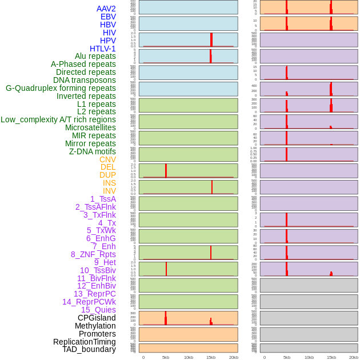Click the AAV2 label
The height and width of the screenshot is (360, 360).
(106, 9)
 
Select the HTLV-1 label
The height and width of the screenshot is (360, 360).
(102, 49)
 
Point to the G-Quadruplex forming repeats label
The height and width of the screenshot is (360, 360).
(61, 88)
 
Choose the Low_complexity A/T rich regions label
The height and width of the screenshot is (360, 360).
(58, 119)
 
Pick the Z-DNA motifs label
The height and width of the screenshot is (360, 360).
(93, 151)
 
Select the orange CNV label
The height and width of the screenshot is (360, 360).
(107, 159)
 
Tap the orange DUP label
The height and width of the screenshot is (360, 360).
(107, 175)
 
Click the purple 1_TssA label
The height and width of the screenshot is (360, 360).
(103, 199)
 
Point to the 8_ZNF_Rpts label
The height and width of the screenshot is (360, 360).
(93, 254)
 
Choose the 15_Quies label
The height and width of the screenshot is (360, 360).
(98, 310)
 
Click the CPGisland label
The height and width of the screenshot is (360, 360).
(97, 318)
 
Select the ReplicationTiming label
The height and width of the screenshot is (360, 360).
(85, 342)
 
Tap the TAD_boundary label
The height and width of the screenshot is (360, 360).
(89, 349)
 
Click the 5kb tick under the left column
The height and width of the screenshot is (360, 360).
(166, 357)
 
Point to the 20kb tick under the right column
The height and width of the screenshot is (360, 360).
(354, 357)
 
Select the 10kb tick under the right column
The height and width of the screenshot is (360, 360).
(309, 357)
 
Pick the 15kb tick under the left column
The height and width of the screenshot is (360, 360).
(211, 357)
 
